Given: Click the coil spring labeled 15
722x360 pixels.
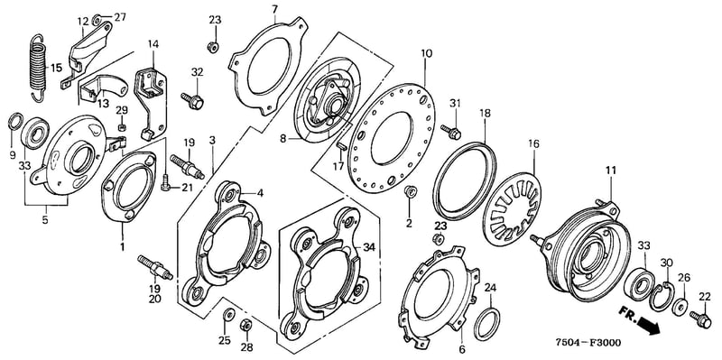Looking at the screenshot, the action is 37,67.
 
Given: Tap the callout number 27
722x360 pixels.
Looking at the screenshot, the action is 120,17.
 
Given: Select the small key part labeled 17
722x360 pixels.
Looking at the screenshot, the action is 342,146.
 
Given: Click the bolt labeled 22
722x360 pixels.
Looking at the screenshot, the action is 700,319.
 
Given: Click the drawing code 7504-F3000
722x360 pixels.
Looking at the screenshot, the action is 587,343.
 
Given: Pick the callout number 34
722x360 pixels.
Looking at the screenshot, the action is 369,248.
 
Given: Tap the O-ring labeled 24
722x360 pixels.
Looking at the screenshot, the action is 487,324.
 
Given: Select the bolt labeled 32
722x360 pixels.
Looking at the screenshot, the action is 192,100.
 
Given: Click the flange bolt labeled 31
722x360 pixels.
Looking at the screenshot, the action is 451,132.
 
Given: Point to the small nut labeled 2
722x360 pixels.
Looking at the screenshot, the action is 410,192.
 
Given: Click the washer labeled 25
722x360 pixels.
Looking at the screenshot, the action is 227,315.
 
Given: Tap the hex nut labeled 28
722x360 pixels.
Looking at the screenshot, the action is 245,325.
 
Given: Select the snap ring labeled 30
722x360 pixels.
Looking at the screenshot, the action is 661,297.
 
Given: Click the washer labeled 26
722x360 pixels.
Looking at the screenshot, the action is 680,307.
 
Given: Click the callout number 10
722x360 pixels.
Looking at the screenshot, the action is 426,53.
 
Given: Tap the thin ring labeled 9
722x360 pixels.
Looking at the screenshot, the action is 14,122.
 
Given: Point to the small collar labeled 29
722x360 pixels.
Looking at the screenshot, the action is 122,126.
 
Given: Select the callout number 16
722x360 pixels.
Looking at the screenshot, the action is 533,143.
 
